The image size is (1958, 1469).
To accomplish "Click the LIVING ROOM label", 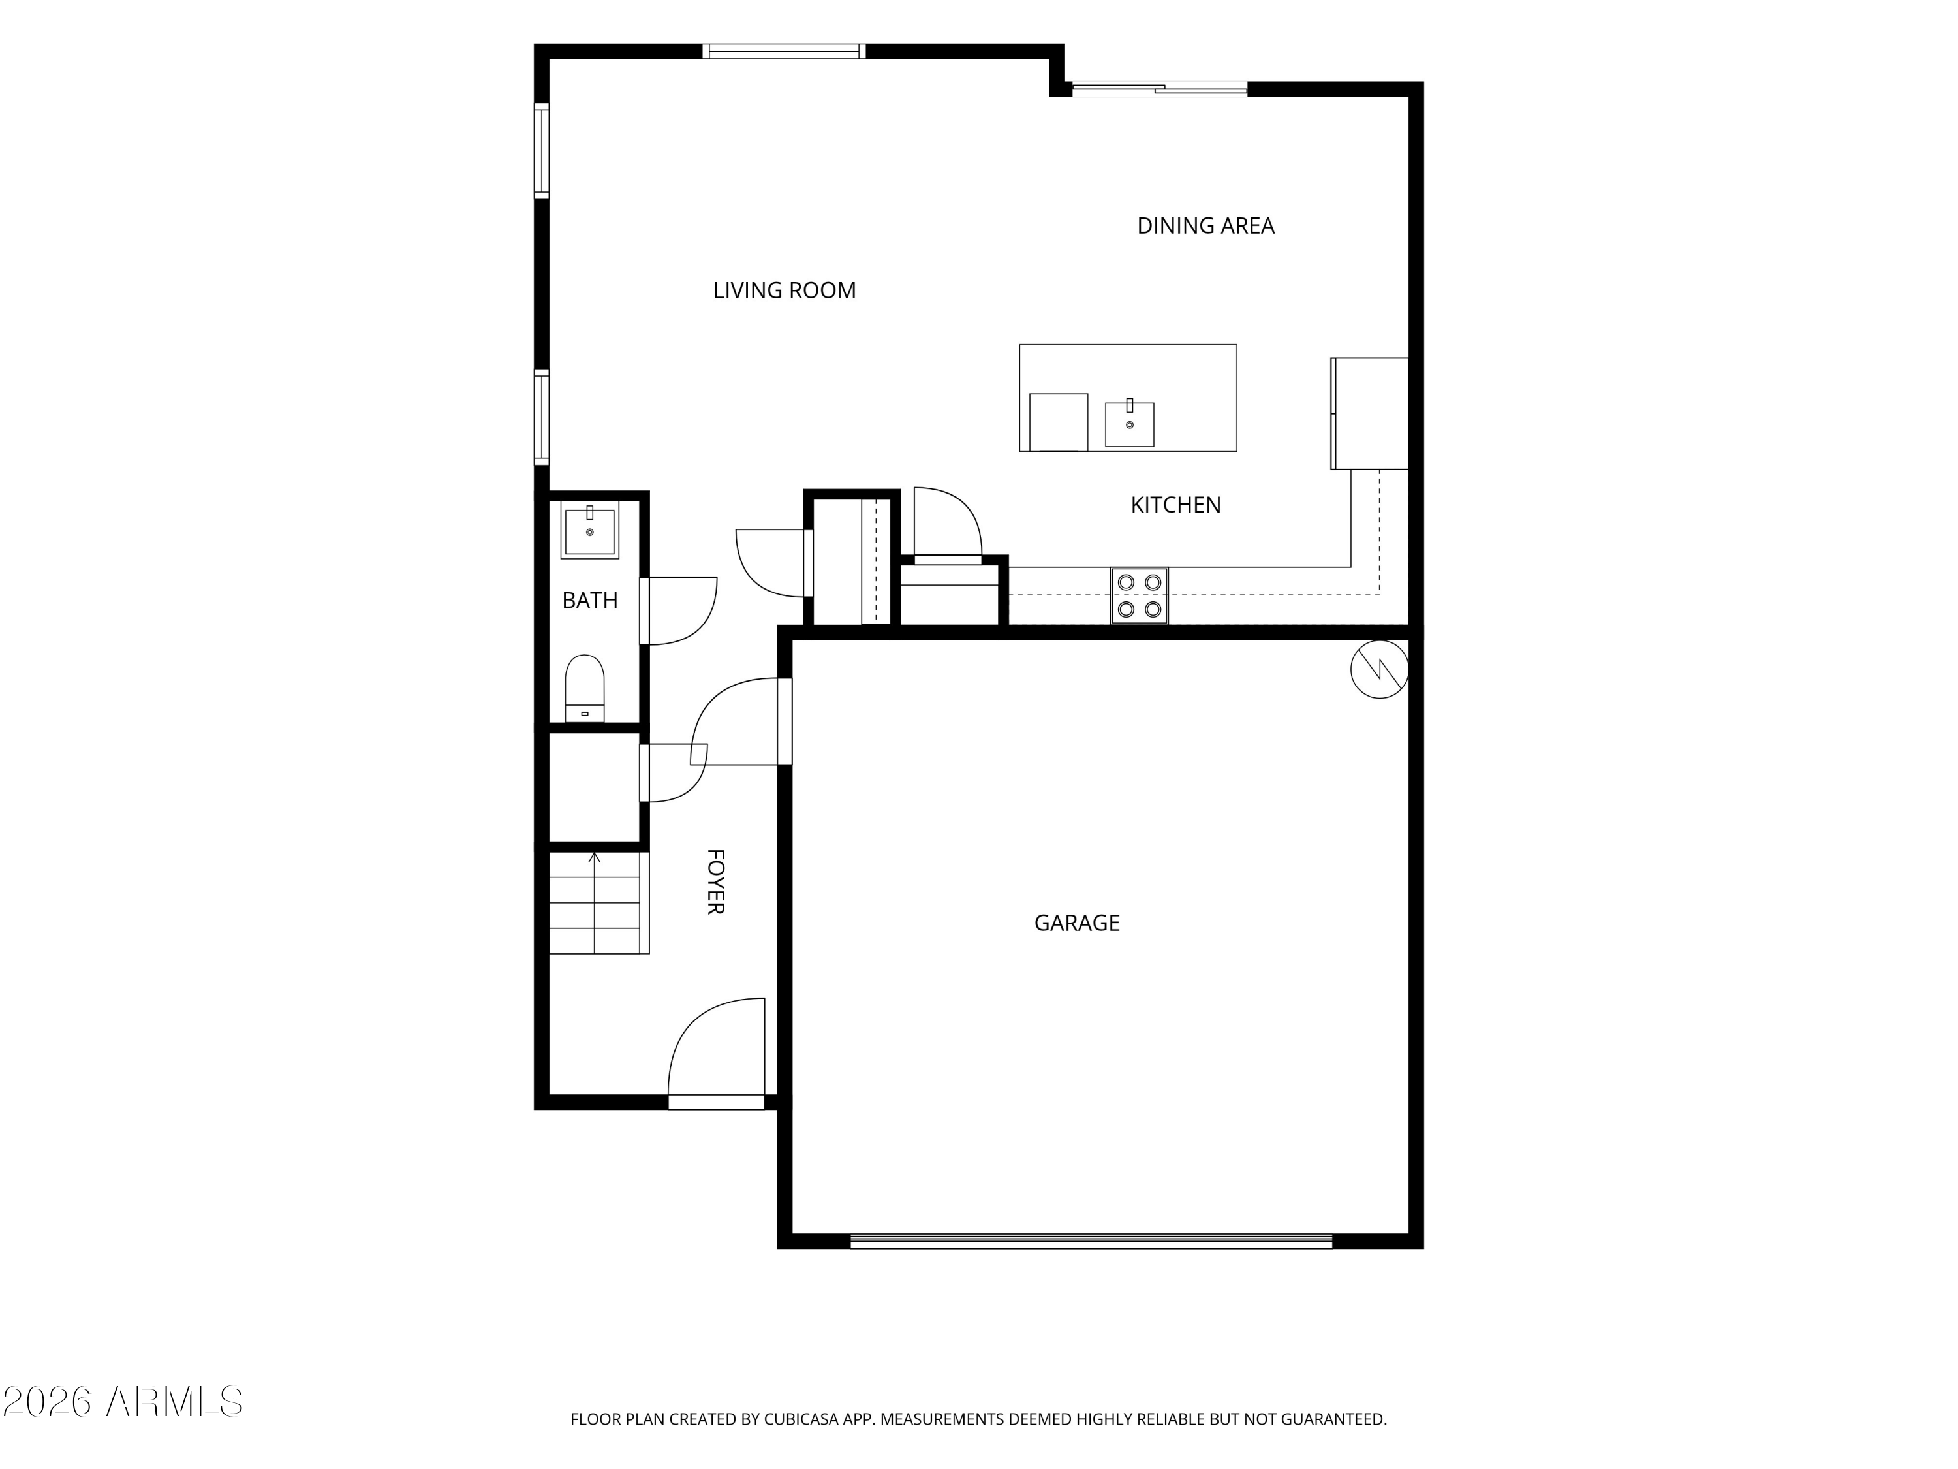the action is point(785,291).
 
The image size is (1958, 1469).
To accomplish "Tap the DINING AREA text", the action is point(1205,226).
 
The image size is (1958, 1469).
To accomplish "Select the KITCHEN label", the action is point(1175,505).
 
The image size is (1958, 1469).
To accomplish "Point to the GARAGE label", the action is point(1076,923).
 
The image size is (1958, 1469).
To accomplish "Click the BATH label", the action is point(589,601).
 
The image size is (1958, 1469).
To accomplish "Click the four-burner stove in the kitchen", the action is point(1139,596).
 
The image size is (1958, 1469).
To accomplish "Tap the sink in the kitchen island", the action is point(1130,423).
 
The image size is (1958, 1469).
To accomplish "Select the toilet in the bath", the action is point(584,688).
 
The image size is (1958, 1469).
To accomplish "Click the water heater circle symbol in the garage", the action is point(1379,669).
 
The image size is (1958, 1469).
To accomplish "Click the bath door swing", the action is point(678,611).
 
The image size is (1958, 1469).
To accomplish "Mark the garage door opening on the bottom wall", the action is point(1091,1241).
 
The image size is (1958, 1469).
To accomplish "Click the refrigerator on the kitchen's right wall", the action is point(1369,413).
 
